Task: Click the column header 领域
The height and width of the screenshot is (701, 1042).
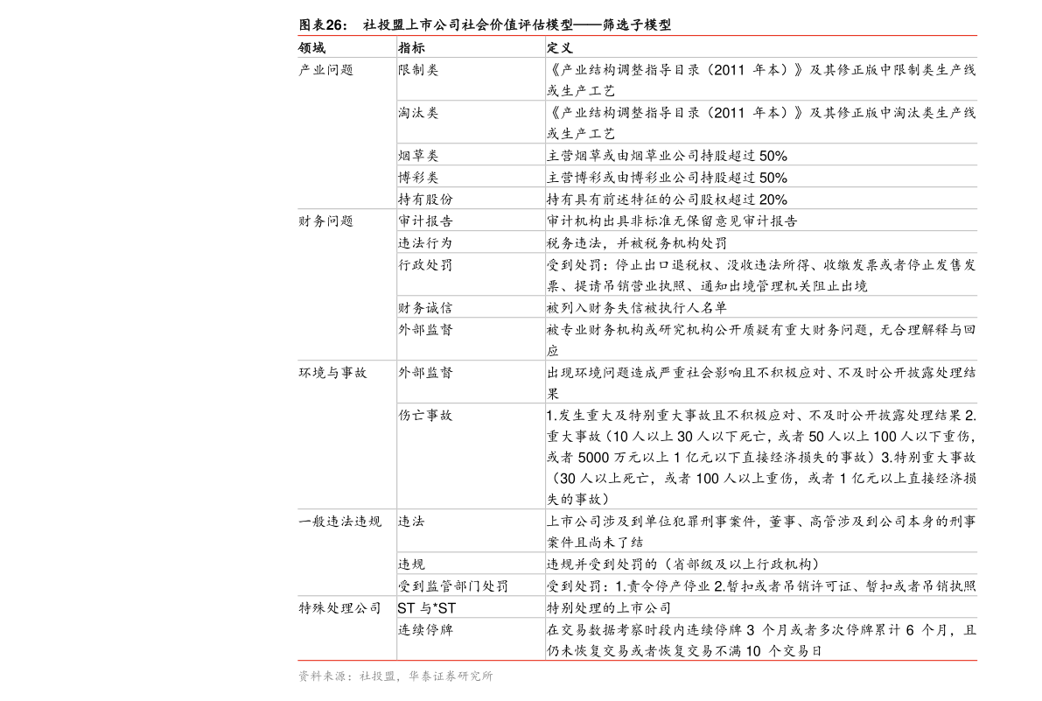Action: tap(311, 48)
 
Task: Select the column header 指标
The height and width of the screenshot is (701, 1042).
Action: tap(411, 48)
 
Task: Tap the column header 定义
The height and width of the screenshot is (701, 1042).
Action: tap(560, 48)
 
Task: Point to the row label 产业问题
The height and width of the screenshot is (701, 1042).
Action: tap(325, 70)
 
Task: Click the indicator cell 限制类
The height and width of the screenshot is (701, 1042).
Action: tap(418, 70)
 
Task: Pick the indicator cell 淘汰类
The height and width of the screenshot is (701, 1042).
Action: tap(418, 113)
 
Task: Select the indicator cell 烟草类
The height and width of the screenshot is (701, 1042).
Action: tap(418, 156)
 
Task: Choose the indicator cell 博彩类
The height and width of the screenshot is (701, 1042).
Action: tap(418, 178)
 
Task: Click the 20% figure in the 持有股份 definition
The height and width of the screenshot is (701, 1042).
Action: tap(773, 200)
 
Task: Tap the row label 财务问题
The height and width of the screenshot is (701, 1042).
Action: tap(325, 221)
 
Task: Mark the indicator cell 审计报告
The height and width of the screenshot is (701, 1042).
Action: tap(425, 221)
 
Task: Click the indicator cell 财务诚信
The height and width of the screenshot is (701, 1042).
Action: tap(425, 308)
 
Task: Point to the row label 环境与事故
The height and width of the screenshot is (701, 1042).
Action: tap(332, 373)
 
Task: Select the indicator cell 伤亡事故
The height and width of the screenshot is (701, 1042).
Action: tap(425, 416)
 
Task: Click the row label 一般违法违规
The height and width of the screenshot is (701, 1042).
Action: tap(339, 522)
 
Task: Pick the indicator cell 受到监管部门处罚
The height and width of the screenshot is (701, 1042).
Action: tap(453, 586)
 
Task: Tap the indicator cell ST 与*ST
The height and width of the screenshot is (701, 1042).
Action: tap(427, 608)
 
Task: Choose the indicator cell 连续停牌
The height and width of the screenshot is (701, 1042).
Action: tap(425, 630)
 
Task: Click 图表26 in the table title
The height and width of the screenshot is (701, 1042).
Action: tap(322, 25)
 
